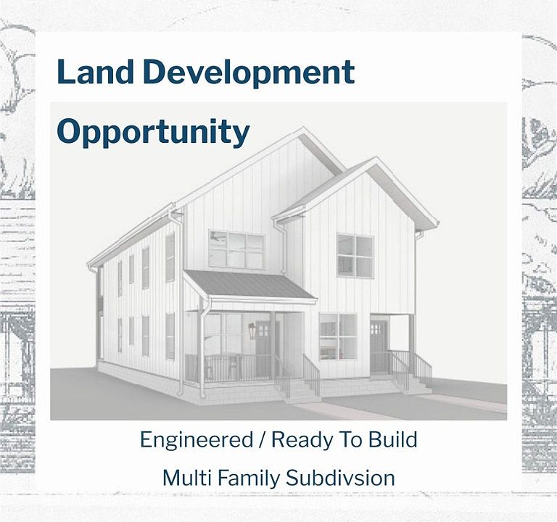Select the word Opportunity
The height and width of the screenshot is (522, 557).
pyautogui.click(x=153, y=132)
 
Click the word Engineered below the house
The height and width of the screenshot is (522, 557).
pyautogui.click(x=197, y=439)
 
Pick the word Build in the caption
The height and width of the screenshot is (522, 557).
pyautogui.click(x=392, y=439)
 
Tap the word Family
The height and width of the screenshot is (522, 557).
pyautogui.click(x=249, y=478)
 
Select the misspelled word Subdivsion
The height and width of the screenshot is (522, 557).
pyautogui.click(x=340, y=478)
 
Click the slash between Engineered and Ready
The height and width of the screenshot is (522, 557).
pyautogui.click(x=262, y=440)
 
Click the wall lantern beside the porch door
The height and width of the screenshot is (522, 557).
pyautogui.click(x=252, y=331)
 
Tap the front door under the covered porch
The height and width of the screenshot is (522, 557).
pyautogui.click(x=263, y=349)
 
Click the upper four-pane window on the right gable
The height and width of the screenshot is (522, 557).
pyautogui.click(x=355, y=256)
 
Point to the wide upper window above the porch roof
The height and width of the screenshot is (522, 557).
pyautogui.click(x=236, y=250)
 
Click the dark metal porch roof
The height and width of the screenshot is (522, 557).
pyautogui.click(x=249, y=284)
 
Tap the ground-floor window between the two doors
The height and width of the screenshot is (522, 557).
pyautogui.click(x=338, y=336)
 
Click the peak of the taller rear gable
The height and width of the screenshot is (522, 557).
pyautogui.click(x=303, y=128)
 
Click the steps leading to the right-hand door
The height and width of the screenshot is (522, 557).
pyautogui.click(x=412, y=384)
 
